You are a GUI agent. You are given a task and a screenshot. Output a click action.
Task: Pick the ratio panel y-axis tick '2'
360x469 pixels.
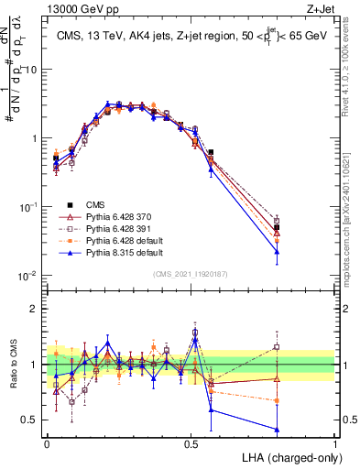click(x=35, y=309)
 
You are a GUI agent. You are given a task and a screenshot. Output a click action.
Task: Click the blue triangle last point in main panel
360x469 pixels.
click(x=277, y=251)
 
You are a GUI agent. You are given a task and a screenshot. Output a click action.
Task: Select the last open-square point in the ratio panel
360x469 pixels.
click(x=277, y=346)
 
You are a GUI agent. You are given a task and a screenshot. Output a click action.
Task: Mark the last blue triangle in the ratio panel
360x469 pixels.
click(x=277, y=430)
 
